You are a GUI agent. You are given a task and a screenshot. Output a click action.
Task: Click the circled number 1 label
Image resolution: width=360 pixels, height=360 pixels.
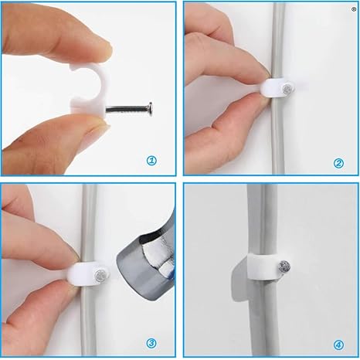[x=151, y=161]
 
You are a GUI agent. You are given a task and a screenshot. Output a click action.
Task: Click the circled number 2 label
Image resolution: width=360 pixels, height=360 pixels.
[x=338, y=163]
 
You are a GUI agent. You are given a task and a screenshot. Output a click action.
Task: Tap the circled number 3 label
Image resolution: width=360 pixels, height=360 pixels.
[x=151, y=343]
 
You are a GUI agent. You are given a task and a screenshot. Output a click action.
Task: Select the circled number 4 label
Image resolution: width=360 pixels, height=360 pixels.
[x=338, y=345]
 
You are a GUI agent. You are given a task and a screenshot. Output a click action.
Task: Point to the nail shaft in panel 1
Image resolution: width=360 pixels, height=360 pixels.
[x=127, y=108]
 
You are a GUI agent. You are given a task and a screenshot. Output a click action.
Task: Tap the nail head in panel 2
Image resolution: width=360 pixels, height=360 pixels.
[x=287, y=89]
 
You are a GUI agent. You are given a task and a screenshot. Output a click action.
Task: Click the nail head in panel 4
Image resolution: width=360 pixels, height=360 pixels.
[x=284, y=266]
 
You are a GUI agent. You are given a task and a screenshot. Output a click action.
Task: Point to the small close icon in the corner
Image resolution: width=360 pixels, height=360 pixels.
[x=354, y=9]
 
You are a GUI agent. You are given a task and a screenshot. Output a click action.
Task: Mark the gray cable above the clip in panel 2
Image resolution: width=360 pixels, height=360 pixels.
[x=278, y=40]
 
